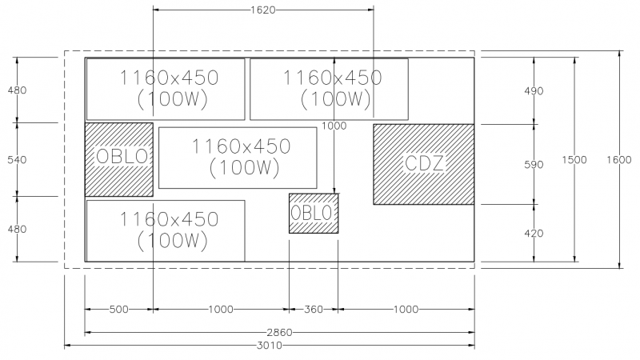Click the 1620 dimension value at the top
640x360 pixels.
point(263,10)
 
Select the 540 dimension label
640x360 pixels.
point(17,160)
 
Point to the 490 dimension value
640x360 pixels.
point(533,91)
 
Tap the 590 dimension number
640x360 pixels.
point(533,165)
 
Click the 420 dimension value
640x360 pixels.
point(533,234)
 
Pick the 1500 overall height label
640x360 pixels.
point(574,160)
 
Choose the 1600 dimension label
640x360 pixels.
point(618,160)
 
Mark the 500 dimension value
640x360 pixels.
point(119,309)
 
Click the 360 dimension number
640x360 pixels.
point(313,309)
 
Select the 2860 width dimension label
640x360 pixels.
point(280,332)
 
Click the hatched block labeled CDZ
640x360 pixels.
point(424,164)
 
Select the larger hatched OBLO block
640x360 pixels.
point(119,159)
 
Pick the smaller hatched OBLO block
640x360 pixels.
point(313,213)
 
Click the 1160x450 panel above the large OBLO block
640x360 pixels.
point(166,89)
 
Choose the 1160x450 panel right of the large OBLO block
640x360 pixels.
point(238,158)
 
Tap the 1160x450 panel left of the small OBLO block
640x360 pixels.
point(166,230)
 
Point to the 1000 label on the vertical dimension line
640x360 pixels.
point(334,126)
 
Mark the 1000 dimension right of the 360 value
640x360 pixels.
point(406,309)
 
